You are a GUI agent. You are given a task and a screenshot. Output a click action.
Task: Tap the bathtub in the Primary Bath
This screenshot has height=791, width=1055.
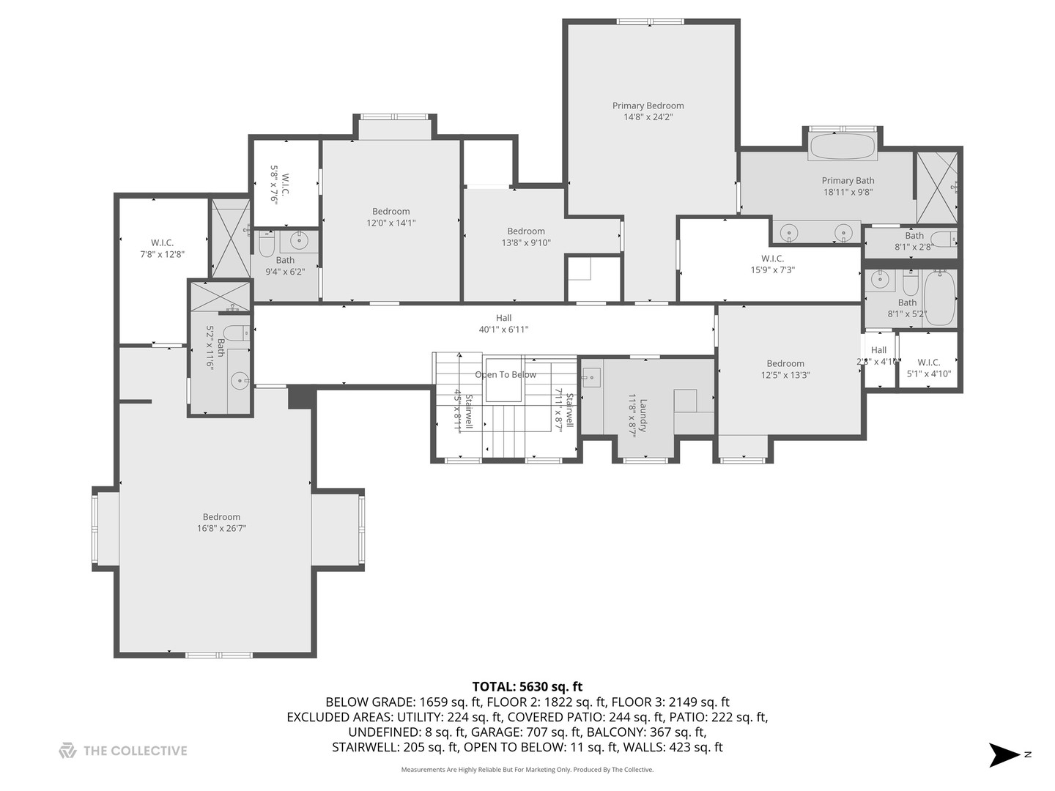pos(843,146)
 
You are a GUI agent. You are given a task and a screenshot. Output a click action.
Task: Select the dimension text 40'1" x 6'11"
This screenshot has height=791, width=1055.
pos(503,330)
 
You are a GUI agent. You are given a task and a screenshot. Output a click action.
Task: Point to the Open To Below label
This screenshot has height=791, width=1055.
pos(506,374)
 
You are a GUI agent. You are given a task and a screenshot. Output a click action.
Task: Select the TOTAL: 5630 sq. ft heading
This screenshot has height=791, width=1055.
pos(527,686)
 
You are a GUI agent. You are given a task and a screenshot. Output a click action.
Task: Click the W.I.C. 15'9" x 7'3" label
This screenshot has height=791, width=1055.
pos(772,264)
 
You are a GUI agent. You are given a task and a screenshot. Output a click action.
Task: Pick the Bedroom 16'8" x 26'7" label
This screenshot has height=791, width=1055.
pos(221,522)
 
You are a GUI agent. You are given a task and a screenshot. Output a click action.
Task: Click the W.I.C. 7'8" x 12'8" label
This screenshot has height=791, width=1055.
pos(162,248)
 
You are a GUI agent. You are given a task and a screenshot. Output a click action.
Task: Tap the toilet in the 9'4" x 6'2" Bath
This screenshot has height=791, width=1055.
pos(267,243)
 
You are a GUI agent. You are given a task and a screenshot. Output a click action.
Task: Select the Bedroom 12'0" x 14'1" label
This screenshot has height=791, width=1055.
pos(390,217)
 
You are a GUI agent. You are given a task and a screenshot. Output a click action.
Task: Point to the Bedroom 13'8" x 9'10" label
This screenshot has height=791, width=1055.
pos(525,237)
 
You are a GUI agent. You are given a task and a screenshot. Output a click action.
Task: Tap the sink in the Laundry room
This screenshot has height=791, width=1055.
pos(591,378)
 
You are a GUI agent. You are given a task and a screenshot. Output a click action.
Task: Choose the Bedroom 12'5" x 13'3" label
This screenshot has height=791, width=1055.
pos(785,369)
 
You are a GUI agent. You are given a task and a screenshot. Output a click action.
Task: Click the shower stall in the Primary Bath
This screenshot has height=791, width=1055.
pos(937,187)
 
